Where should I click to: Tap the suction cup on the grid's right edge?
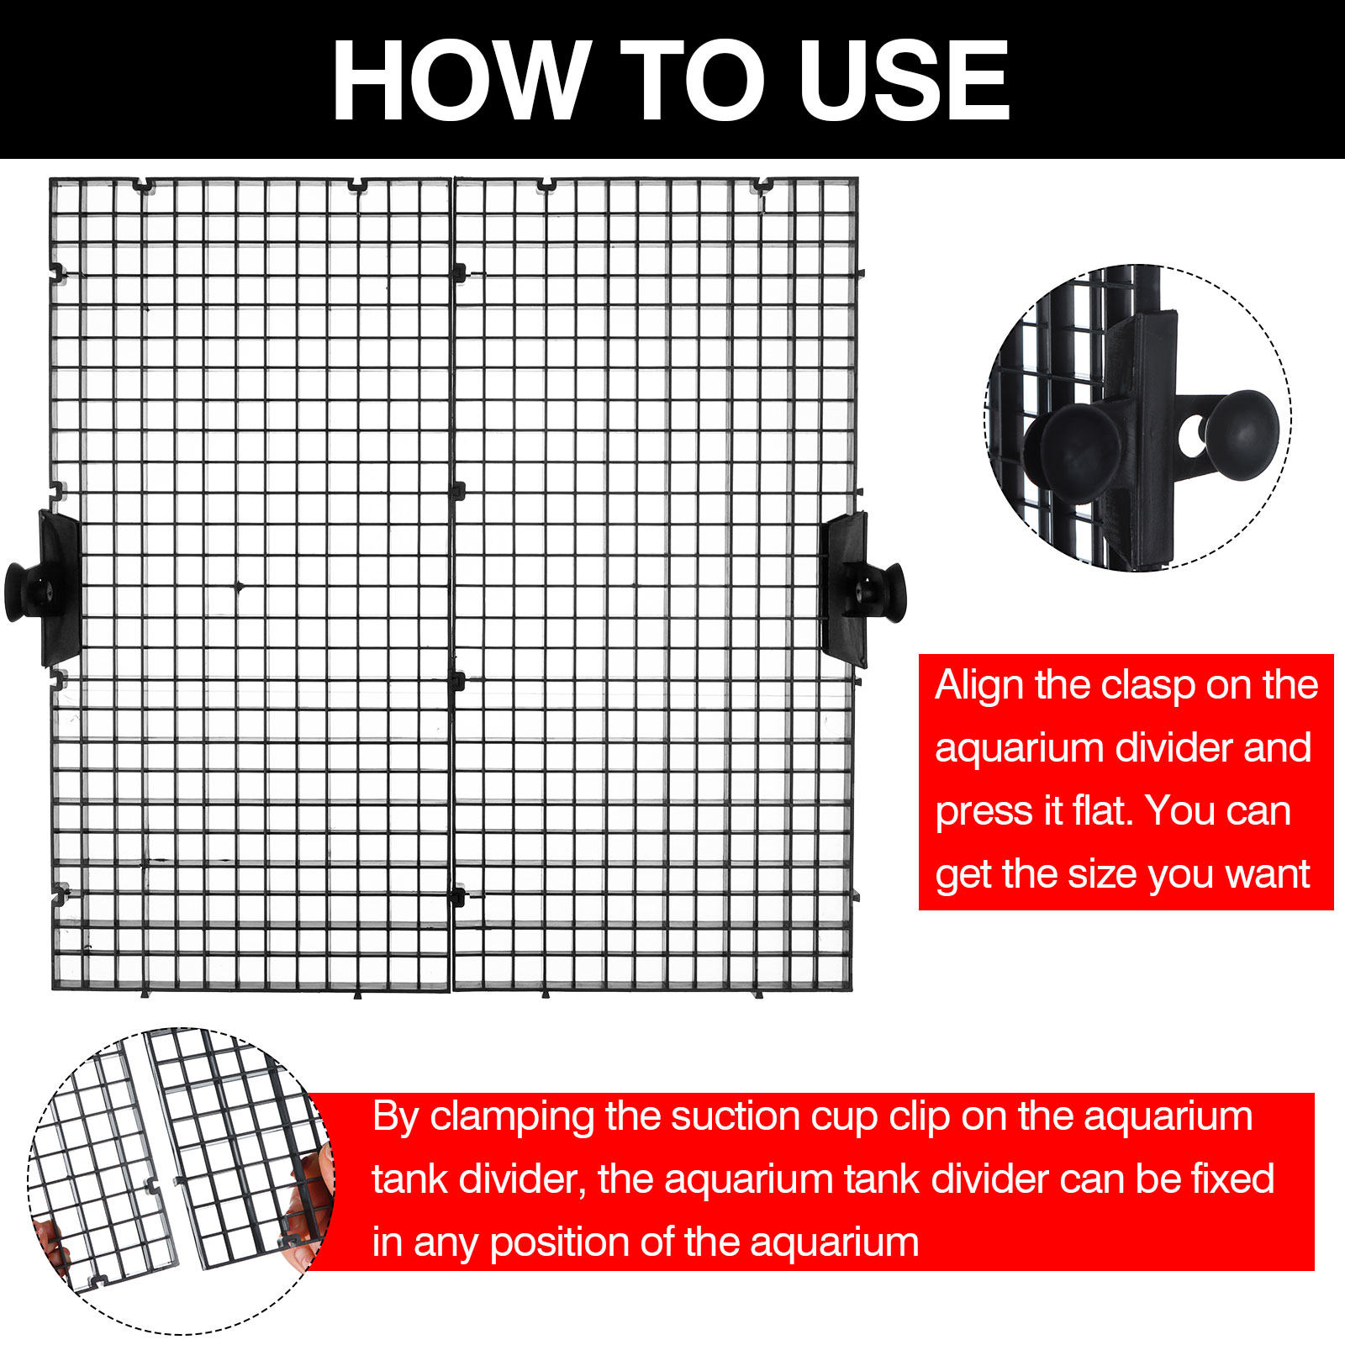(889, 593)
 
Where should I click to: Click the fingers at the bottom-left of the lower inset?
(52, 1243)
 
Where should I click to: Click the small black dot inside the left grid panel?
(239, 586)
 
